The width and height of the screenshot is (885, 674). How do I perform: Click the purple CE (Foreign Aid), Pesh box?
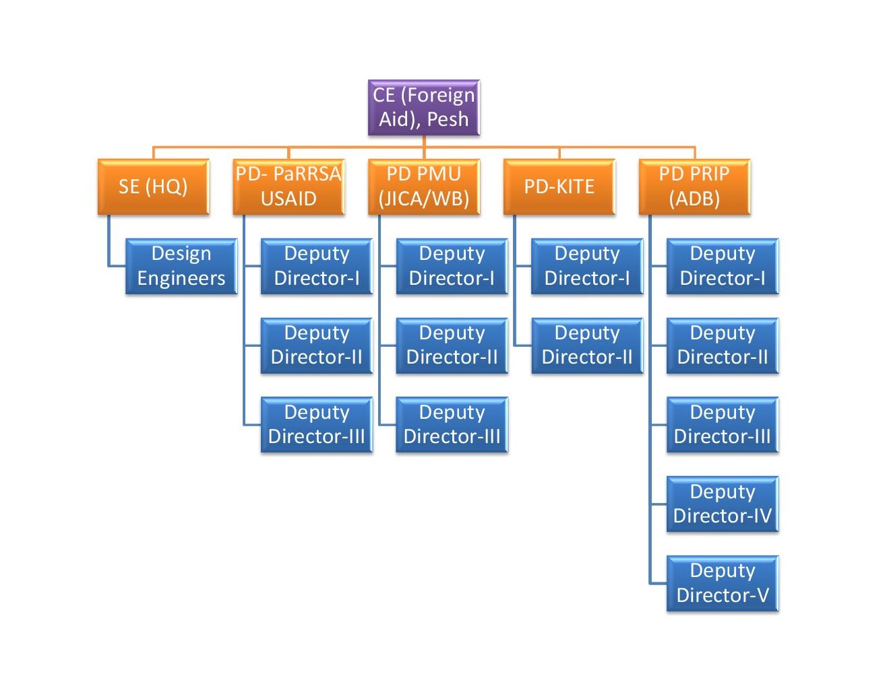(x=423, y=108)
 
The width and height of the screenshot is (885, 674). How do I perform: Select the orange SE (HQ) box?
(x=153, y=187)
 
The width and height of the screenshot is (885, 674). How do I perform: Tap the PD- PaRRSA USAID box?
(x=288, y=187)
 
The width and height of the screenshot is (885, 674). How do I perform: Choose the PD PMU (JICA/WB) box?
(x=424, y=187)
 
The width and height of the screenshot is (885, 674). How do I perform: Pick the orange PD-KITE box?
(x=559, y=187)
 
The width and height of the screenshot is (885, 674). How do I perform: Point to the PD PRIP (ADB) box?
(x=694, y=187)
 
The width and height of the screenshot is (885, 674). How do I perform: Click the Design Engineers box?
(x=181, y=266)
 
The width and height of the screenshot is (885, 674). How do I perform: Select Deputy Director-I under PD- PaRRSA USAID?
(x=317, y=266)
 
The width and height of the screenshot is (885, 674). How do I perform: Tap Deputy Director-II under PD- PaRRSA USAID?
(x=317, y=345)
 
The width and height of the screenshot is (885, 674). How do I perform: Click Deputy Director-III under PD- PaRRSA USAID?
(x=317, y=425)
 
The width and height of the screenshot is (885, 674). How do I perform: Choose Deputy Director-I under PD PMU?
(x=452, y=266)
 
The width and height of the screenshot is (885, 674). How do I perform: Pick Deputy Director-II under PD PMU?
(x=452, y=345)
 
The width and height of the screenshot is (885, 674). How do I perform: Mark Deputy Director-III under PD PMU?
(x=452, y=425)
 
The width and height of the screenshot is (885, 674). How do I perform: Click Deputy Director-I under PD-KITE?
(x=587, y=266)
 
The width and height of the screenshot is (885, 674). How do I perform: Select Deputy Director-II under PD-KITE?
(x=587, y=345)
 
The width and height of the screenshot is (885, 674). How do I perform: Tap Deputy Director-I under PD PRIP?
(x=723, y=266)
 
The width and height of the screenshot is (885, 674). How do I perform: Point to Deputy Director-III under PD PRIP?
(x=723, y=425)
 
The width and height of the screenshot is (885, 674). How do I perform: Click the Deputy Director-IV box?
(x=723, y=504)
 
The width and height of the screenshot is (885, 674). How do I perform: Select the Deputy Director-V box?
(x=723, y=583)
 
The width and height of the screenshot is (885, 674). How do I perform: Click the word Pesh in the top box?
(x=448, y=120)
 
